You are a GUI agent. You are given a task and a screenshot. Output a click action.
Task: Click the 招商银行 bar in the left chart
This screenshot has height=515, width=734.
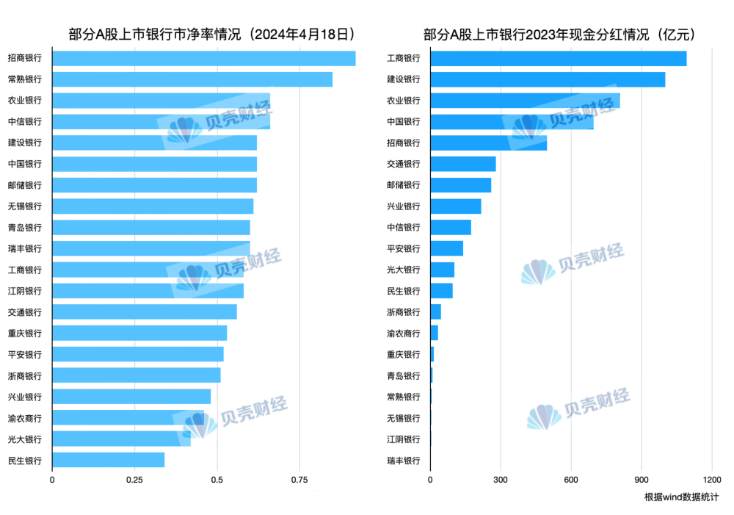203,58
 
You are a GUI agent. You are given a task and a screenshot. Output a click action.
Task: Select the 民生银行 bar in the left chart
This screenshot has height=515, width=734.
108,461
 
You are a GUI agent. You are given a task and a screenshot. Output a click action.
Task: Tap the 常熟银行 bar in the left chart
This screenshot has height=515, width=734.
192,79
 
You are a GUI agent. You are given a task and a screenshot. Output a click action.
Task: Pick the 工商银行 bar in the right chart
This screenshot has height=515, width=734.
558,58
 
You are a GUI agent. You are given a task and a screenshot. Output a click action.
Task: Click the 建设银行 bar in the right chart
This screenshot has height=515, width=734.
547,79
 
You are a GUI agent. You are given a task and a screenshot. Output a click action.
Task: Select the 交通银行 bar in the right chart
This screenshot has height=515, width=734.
462,164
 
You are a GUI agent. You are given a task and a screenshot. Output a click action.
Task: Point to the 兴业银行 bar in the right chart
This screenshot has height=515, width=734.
455,206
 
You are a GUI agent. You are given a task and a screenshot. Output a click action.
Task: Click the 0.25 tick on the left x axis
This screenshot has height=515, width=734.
134,480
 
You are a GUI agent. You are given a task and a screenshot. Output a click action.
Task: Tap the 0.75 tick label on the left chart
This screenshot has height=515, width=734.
299,480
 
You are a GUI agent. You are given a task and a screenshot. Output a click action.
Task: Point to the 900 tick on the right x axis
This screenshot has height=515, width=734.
642,480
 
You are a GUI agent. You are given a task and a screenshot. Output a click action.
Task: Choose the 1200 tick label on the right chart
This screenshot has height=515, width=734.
711,480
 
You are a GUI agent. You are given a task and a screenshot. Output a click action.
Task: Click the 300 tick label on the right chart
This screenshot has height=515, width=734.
501,480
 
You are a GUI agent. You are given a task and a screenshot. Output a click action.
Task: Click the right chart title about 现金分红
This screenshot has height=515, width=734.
559,34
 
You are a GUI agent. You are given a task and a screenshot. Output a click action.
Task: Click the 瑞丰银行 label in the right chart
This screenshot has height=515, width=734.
404,461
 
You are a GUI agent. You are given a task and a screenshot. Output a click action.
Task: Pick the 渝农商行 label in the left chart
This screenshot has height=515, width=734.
25,419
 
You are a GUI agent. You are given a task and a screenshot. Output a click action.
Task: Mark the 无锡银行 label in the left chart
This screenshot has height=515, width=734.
25,206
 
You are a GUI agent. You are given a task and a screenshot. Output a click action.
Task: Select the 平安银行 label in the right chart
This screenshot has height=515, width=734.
404,249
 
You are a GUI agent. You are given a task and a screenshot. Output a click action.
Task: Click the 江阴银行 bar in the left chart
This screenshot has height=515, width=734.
148,291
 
